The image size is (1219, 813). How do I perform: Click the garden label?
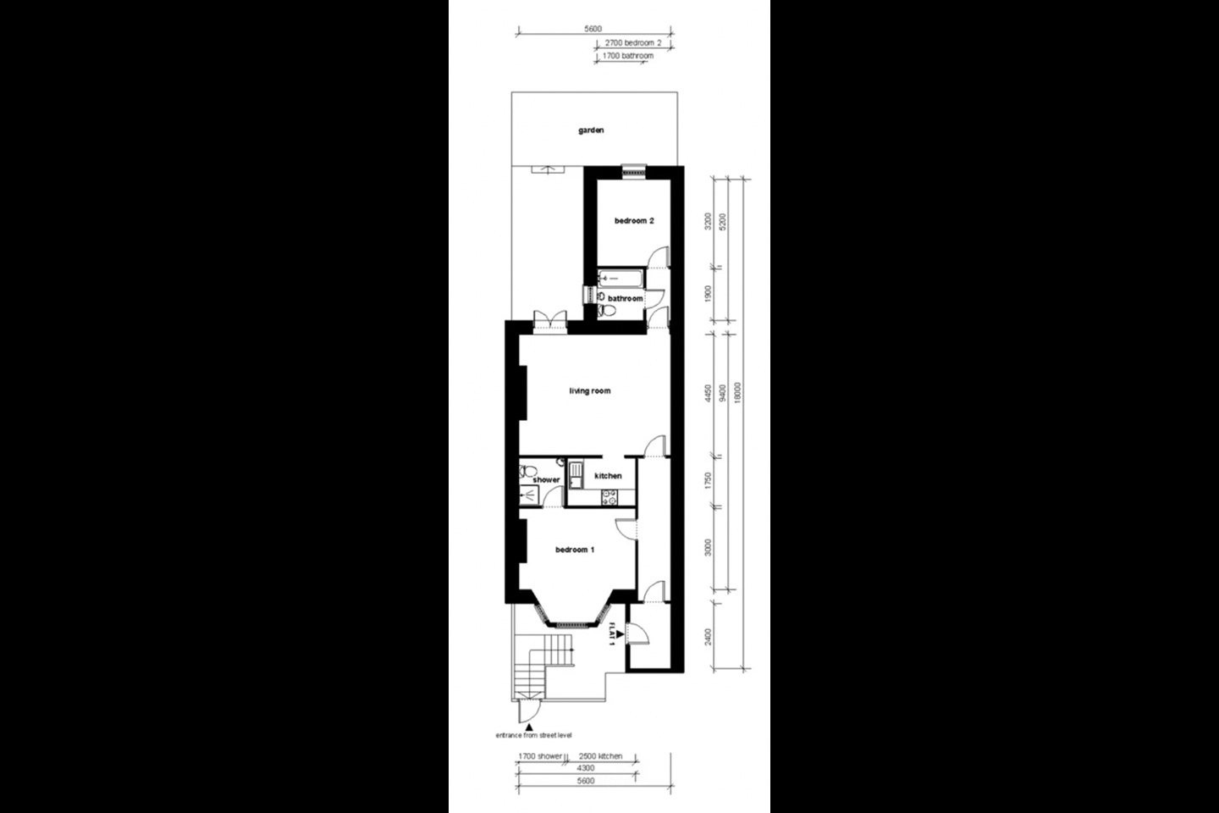[x=591, y=130]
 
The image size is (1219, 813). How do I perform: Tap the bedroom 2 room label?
[x=634, y=221]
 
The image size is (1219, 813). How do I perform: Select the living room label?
[x=589, y=391]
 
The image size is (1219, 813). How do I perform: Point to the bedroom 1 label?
[x=575, y=550]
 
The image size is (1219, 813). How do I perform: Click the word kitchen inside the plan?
[x=608, y=476]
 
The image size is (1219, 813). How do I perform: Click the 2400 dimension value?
[x=708, y=634]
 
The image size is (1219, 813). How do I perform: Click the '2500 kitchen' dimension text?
[x=600, y=756]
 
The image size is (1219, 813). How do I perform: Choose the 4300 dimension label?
[x=574, y=768]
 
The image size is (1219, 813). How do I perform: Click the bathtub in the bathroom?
[x=621, y=278]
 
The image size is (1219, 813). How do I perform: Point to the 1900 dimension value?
[x=708, y=294]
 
